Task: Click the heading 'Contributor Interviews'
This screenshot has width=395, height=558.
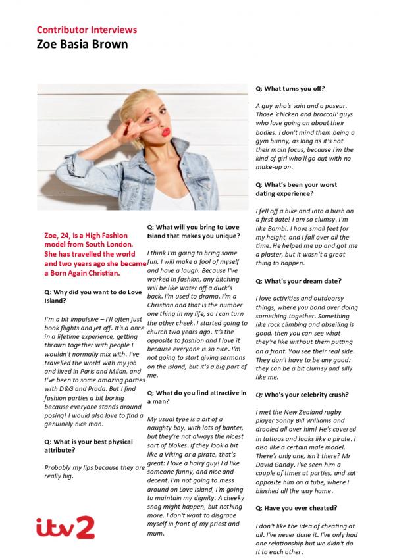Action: coord(86,30)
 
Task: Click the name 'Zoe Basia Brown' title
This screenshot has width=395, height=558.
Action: coord(82,45)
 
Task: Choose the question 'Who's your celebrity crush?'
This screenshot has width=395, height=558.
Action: coord(302,395)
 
